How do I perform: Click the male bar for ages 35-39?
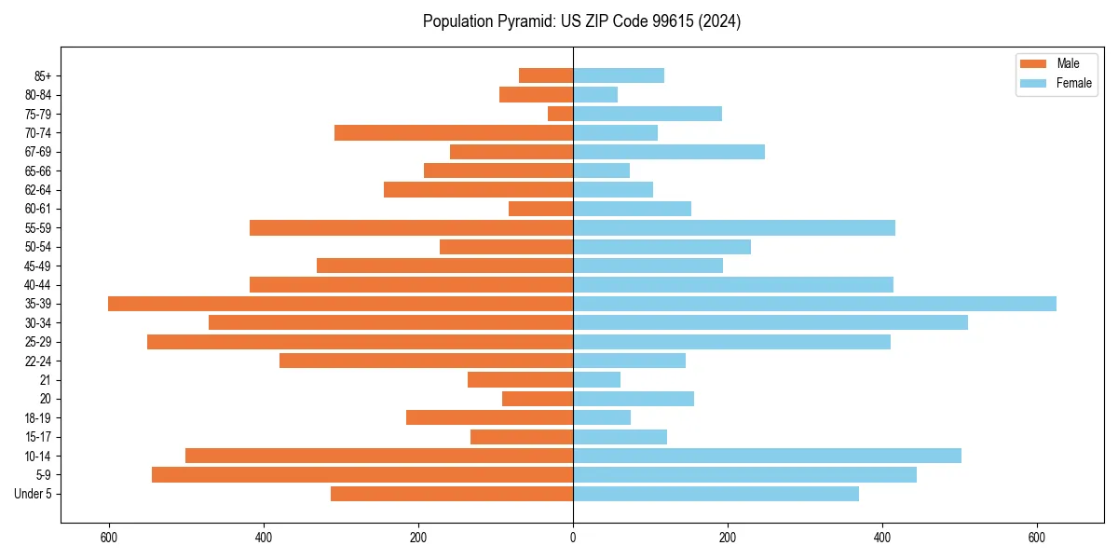pos(340,304)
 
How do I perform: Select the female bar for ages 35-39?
pos(814,304)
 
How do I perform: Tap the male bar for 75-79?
pos(560,114)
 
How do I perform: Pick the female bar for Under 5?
pos(716,494)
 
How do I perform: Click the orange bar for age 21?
pos(520,379)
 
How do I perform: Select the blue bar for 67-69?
pos(668,152)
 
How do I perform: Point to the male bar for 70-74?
pos(454,132)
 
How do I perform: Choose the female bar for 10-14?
pos(767,456)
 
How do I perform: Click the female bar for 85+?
pos(619,75)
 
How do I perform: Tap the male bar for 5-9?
pos(362,474)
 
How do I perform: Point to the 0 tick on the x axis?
pos(573,538)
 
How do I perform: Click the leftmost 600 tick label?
pos(109,538)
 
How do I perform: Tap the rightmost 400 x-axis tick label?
pos(882,538)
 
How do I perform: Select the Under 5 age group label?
pos(34,494)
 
